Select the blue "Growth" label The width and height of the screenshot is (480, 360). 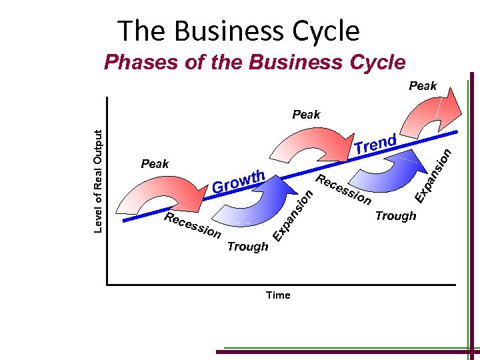pyautogui.click(x=239, y=183)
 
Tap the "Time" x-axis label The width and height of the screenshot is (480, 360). pyautogui.click(x=278, y=295)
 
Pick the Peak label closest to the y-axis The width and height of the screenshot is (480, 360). pyautogui.click(x=155, y=163)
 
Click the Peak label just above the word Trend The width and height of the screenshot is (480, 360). pyautogui.click(x=307, y=114)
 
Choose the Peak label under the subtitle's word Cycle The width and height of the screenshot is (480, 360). pyautogui.click(x=423, y=85)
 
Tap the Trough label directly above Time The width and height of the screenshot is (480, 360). pyautogui.click(x=247, y=247)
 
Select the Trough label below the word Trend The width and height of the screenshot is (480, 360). pyautogui.click(x=395, y=215)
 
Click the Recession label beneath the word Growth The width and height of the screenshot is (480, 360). pyautogui.click(x=193, y=227)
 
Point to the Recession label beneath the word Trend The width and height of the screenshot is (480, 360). pyautogui.click(x=343, y=190)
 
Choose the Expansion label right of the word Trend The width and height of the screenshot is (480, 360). pyautogui.click(x=434, y=175)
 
